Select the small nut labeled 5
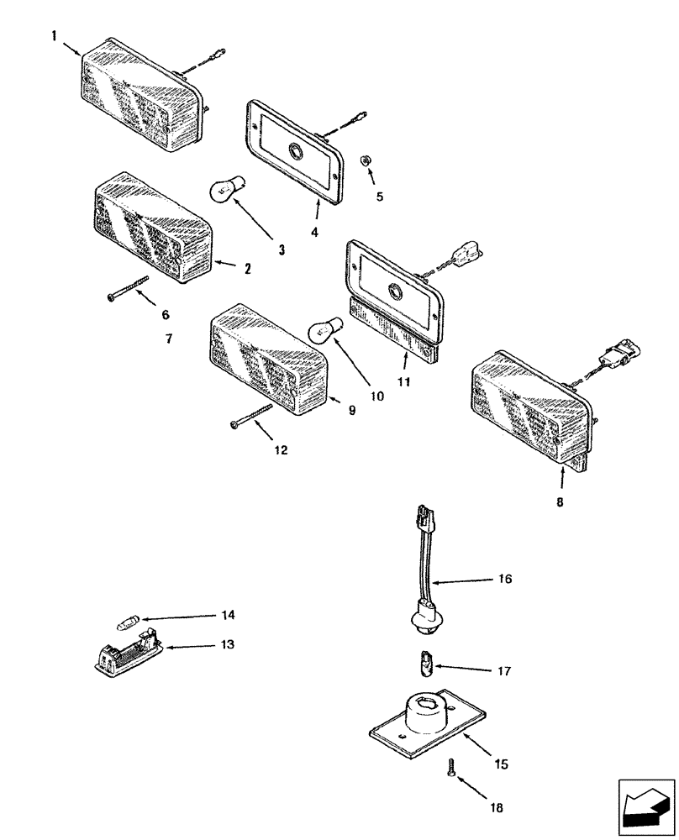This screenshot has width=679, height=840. [x=366, y=159]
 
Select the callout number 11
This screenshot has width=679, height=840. [x=403, y=382]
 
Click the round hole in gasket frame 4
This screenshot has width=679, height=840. [x=297, y=151]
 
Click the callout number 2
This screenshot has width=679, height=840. [x=248, y=269]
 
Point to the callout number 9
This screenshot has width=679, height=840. [x=352, y=411]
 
